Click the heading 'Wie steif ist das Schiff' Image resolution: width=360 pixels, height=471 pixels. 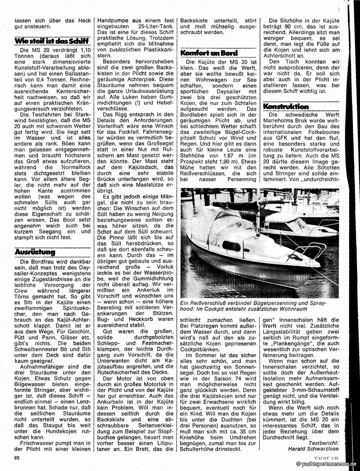coord(51,41)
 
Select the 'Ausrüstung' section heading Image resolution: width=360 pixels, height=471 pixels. coord(35,252)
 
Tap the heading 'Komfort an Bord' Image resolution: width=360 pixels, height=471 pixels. coord(209,53)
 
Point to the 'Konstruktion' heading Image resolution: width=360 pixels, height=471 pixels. coord(285,106)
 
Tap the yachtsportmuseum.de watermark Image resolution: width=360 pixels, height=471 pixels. coord(327,464)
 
